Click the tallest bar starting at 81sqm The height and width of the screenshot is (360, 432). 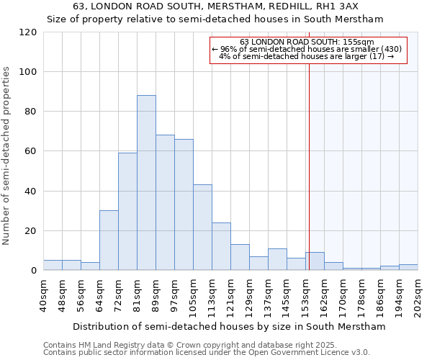pyautogui.click(x=146, y=183)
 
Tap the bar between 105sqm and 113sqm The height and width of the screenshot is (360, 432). pyautogui.click(x=202, y=228)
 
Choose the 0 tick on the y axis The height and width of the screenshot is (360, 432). pyautogui.click(x=34, y=271)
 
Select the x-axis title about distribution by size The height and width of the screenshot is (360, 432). pyautogui.click(x=229, y=326)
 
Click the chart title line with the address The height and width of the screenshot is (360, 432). pyautogui.click(x=215, y=6)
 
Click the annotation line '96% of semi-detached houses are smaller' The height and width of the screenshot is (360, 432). pyautogui.click(x=307, y=49)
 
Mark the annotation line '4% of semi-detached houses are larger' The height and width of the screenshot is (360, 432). pyautogui.click(x=307, y=56)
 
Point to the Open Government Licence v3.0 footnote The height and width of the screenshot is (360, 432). pyautogui.click(x=206, y=352)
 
